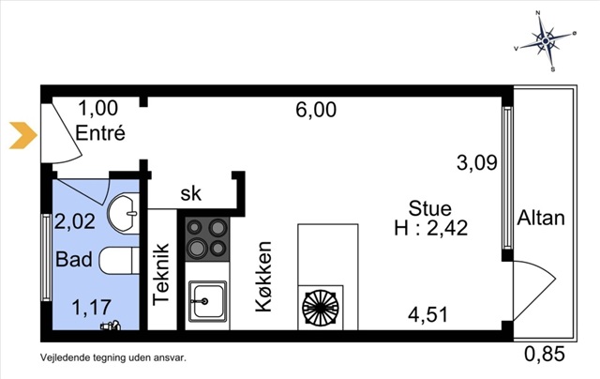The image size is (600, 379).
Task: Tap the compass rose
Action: coord(546,41)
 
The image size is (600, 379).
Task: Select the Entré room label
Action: coord(100,133)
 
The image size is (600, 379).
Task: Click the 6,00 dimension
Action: coord(316,110)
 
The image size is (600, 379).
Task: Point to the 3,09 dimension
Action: coord(477,162)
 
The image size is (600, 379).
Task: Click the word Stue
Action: coord(430,208)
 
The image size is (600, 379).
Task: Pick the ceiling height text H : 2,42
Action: coord(431,229)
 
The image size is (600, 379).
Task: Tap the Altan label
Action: coord(541,218)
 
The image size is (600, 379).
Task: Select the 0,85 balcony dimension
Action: coord(545,354)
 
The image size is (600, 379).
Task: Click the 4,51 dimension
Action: coord(427,315)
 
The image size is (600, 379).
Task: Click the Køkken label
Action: coord(263,277)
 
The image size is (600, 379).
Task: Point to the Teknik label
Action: coord(161,275)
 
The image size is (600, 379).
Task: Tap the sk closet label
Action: coord(190,193)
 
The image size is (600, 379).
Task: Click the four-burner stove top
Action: coord(207,239)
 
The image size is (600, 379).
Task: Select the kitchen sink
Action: coord(207,299)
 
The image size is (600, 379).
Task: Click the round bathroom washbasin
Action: coord(123,213)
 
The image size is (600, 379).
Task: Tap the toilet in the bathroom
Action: coord(119,260)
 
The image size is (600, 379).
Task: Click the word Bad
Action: coord(74,259)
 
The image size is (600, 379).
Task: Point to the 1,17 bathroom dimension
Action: coord(92,308)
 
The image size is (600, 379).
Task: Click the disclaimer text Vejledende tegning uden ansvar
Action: coord(113,358)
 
